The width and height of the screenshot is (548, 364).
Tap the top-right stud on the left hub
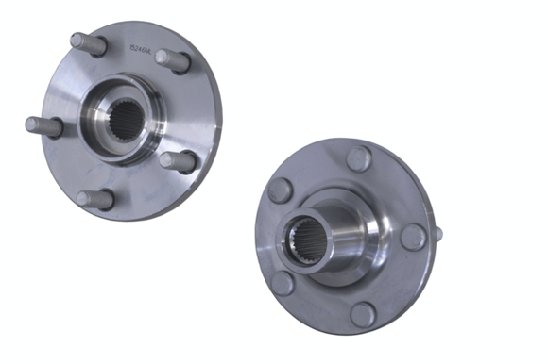coord(172,59)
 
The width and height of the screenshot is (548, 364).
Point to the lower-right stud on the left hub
coord(177,160)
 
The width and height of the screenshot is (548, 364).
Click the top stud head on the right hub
coord(358,157)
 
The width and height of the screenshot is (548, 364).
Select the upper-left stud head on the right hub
coord(280,190)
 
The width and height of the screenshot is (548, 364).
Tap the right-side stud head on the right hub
coord(413,237)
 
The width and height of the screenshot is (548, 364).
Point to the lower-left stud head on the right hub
coord(283,283)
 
